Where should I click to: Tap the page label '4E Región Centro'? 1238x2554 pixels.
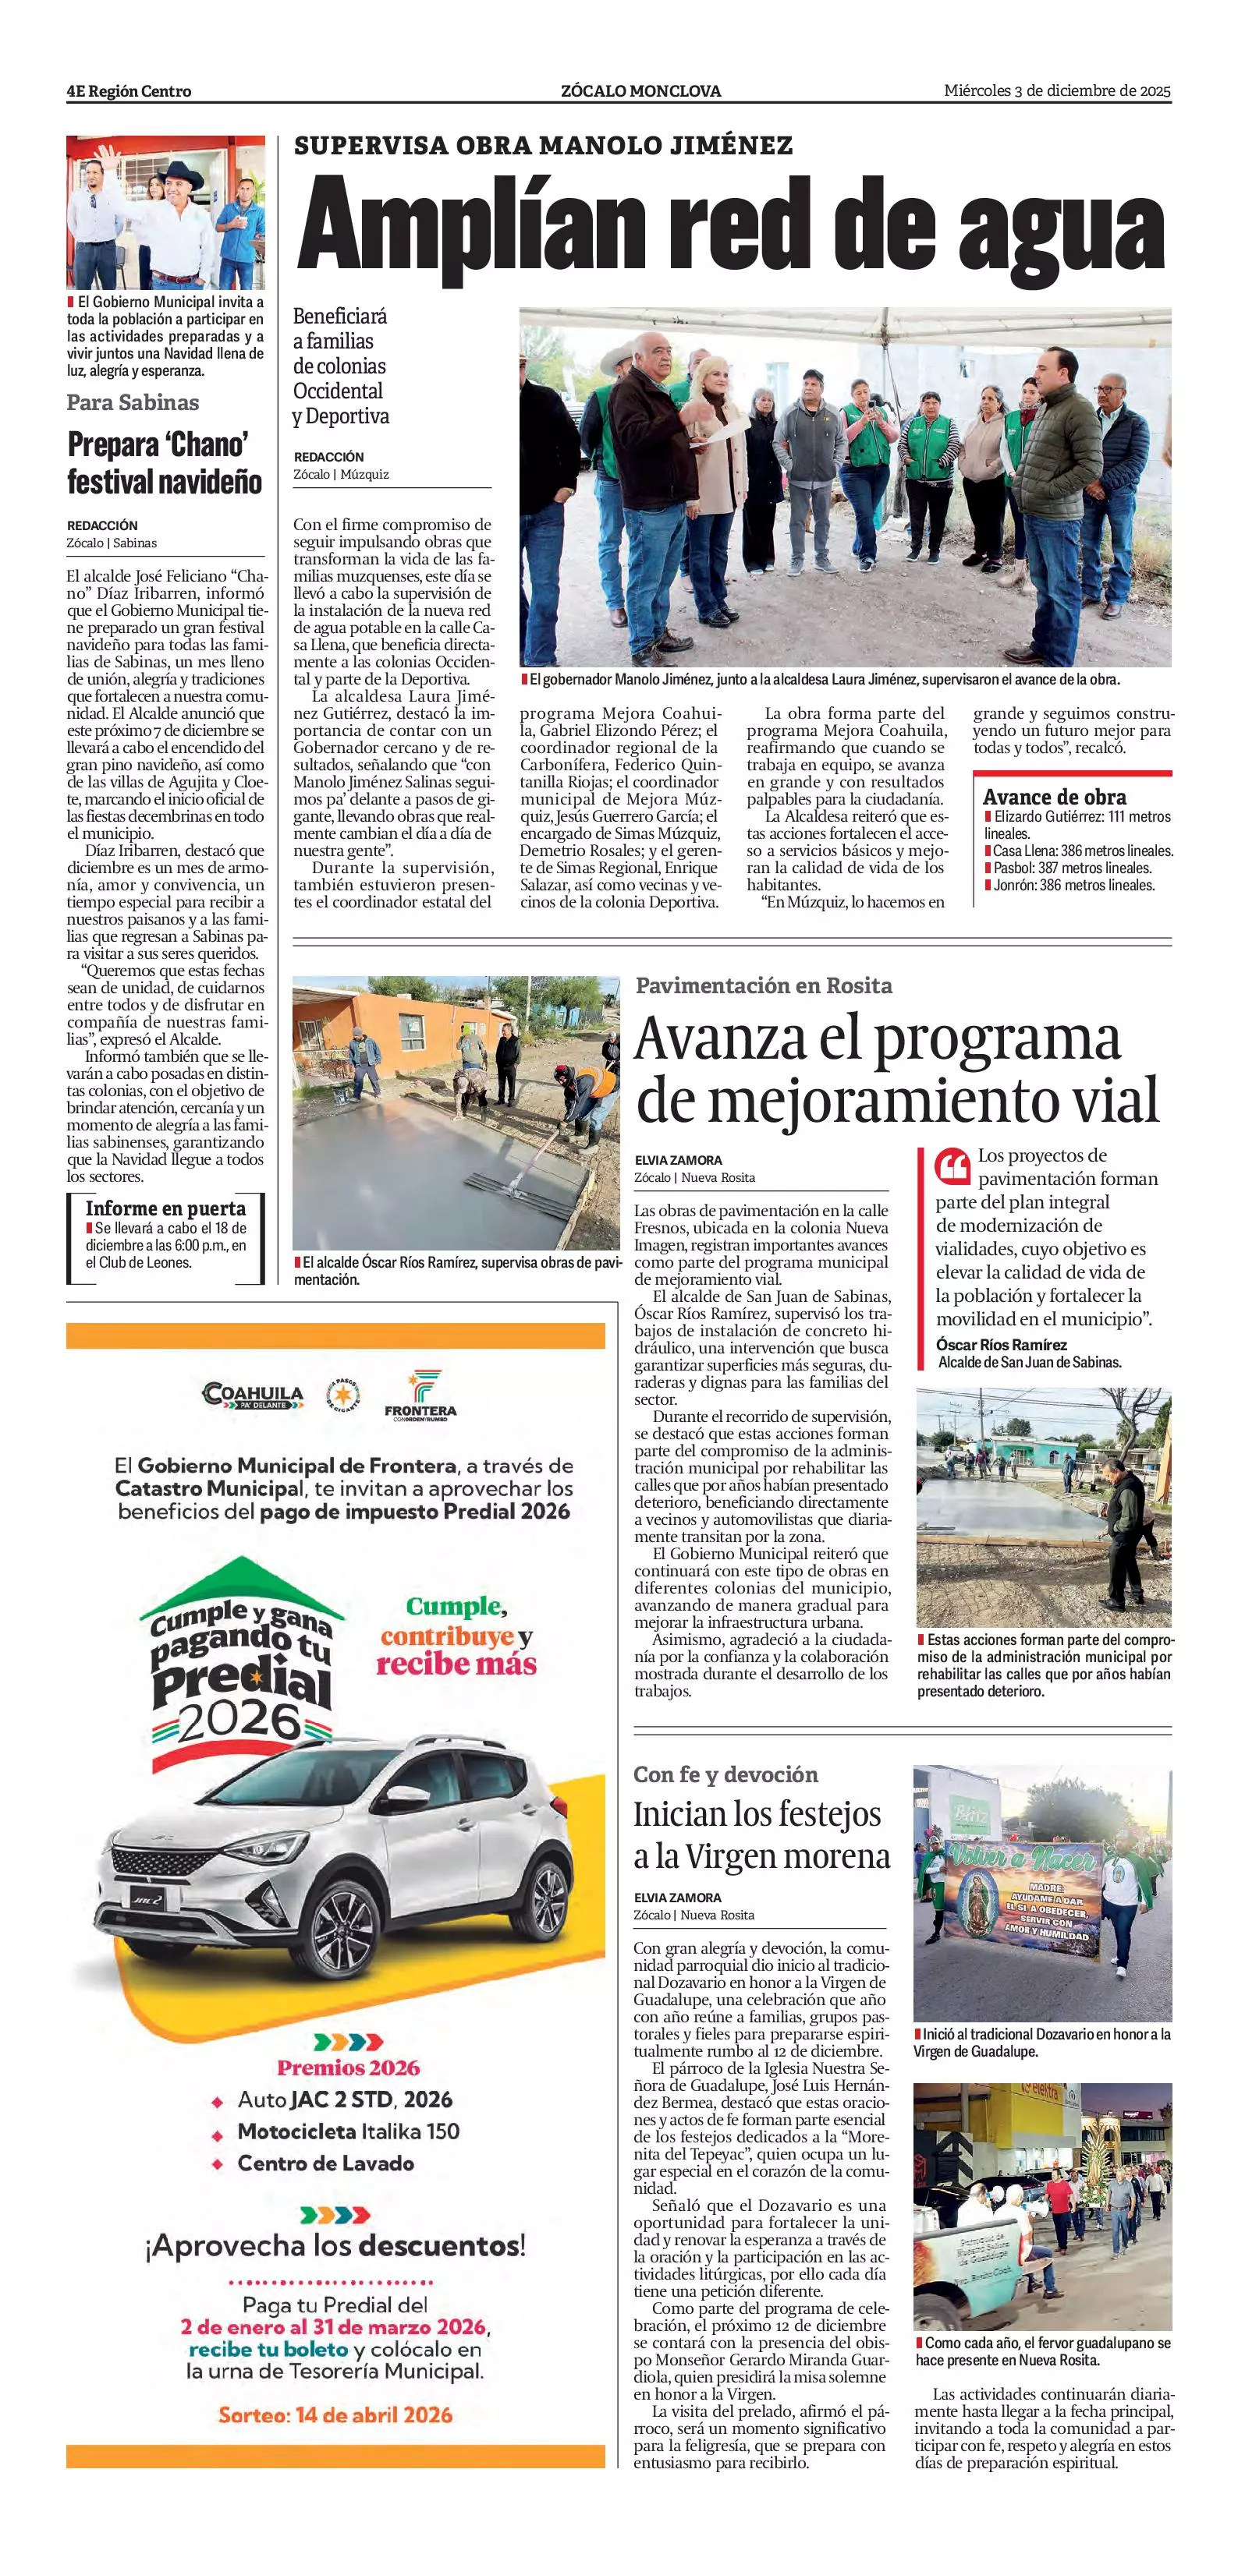point(129,91)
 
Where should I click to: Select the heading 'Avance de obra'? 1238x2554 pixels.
point(1055,797)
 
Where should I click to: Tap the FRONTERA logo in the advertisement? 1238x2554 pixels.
point(420,1395)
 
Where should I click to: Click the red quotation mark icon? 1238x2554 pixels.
point(952,1167)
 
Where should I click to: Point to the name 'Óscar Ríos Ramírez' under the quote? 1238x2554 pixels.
point(1002,1344)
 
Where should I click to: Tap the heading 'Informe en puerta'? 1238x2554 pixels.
point(165,1208)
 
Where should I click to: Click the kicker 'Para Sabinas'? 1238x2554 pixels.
point(133,402)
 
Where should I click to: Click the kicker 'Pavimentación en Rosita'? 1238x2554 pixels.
point(764,985)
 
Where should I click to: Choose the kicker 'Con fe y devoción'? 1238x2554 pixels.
point(726,1774)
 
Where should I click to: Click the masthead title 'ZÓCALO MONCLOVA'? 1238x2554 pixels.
point(640,91)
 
